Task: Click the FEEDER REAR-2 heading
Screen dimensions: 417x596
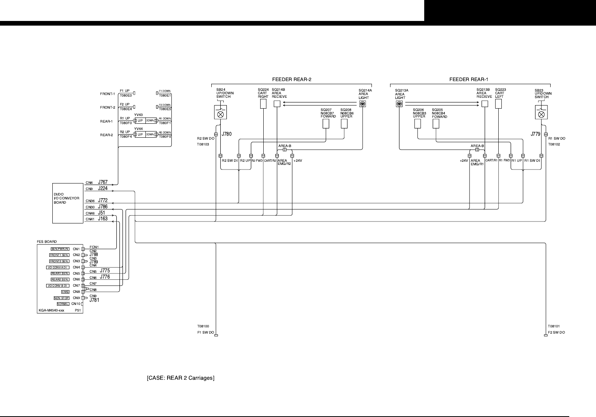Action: pyautogui.click(x=292, y=80)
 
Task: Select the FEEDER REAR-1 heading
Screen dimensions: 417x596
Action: pyautogui.click(x=468, y=80)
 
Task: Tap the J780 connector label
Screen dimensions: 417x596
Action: pyautogui.click(x=226, y=134)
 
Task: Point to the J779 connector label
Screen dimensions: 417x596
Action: pyautogui.click(x=535, y=134)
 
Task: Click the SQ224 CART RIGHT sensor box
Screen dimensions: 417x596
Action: pyautogui.click(x=263, y=104)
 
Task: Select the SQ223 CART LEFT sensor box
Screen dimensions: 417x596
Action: pyautogui.click(x=499, y=104)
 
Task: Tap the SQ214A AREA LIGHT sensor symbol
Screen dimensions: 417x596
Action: pyautogui.click(x=363, y=104)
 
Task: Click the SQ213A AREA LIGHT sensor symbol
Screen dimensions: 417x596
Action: pyautogui.click(x=399, y=104)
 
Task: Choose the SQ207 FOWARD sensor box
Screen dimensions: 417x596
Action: pyautogui.click(x=326, y=123)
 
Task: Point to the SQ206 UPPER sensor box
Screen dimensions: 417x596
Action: pyautogui.click(x=418, y=124)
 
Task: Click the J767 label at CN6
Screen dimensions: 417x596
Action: pyautogui.click(x=103, y=182)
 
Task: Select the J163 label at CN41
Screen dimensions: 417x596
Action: pyautogui.click(x=103, y=219)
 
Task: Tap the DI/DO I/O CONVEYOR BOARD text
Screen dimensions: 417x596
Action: pyautogui.click(x=66, y=198)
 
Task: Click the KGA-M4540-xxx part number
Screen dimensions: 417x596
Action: pyautogui.click(x=51, y=310)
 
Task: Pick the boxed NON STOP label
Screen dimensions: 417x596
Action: pyautogui.click(x=62, y=298)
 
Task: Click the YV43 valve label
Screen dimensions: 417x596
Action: pyautogui.click(x=138, y=115)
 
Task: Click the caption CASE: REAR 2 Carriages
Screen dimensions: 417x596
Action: pyautogui.click(x=181, y=378)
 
